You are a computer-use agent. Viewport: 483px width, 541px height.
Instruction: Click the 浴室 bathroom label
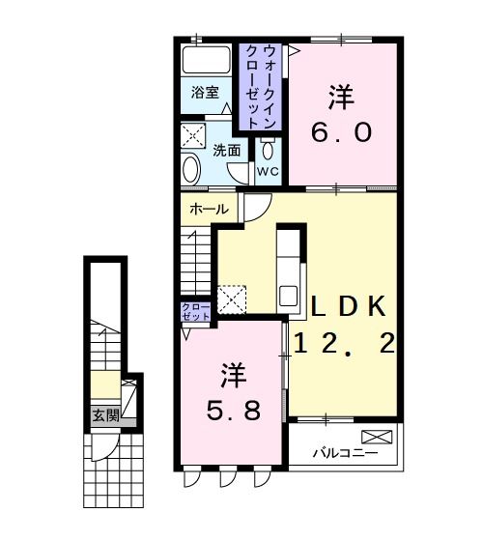204,94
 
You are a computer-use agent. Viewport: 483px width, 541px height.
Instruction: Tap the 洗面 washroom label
227,150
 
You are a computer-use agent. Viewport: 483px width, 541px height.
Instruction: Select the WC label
267,172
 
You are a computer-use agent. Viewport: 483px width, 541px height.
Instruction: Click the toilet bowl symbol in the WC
267,149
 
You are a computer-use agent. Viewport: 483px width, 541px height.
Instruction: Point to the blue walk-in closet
260,86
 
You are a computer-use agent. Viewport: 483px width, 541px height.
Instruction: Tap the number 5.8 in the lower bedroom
232,412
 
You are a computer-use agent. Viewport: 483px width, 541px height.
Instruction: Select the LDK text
350,307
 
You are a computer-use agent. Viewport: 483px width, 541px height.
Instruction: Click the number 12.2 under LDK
345,344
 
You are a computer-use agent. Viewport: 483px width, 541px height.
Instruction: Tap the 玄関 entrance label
105,416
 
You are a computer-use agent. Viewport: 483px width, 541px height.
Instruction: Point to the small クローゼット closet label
196,312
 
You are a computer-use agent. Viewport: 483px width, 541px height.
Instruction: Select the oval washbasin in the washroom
190,170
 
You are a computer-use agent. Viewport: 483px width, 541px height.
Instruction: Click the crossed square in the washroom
193,135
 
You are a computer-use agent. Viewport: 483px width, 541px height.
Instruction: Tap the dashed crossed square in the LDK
232,299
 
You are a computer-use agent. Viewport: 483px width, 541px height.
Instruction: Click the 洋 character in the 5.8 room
232,373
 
